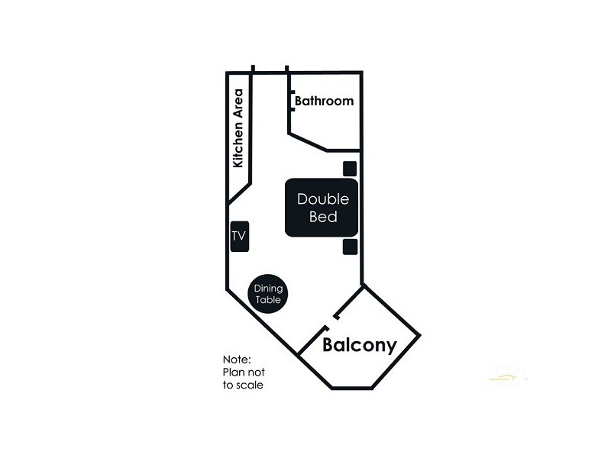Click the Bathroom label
coord(324,101)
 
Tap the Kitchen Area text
coord(238,128)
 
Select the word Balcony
coord(360,345)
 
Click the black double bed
coord(322,208)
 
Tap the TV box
coord(238,237)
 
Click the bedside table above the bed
coord(351,169)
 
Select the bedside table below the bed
coord(351,246)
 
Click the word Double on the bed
coord(322,199)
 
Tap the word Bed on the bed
coord(322,217)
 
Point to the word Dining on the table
coord(268,289)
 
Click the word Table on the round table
coord(268,300)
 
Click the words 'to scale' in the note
coord(244,385)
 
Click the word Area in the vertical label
coord(238,102)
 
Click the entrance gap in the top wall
coord(270,70)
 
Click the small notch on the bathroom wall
coord(293,99)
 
